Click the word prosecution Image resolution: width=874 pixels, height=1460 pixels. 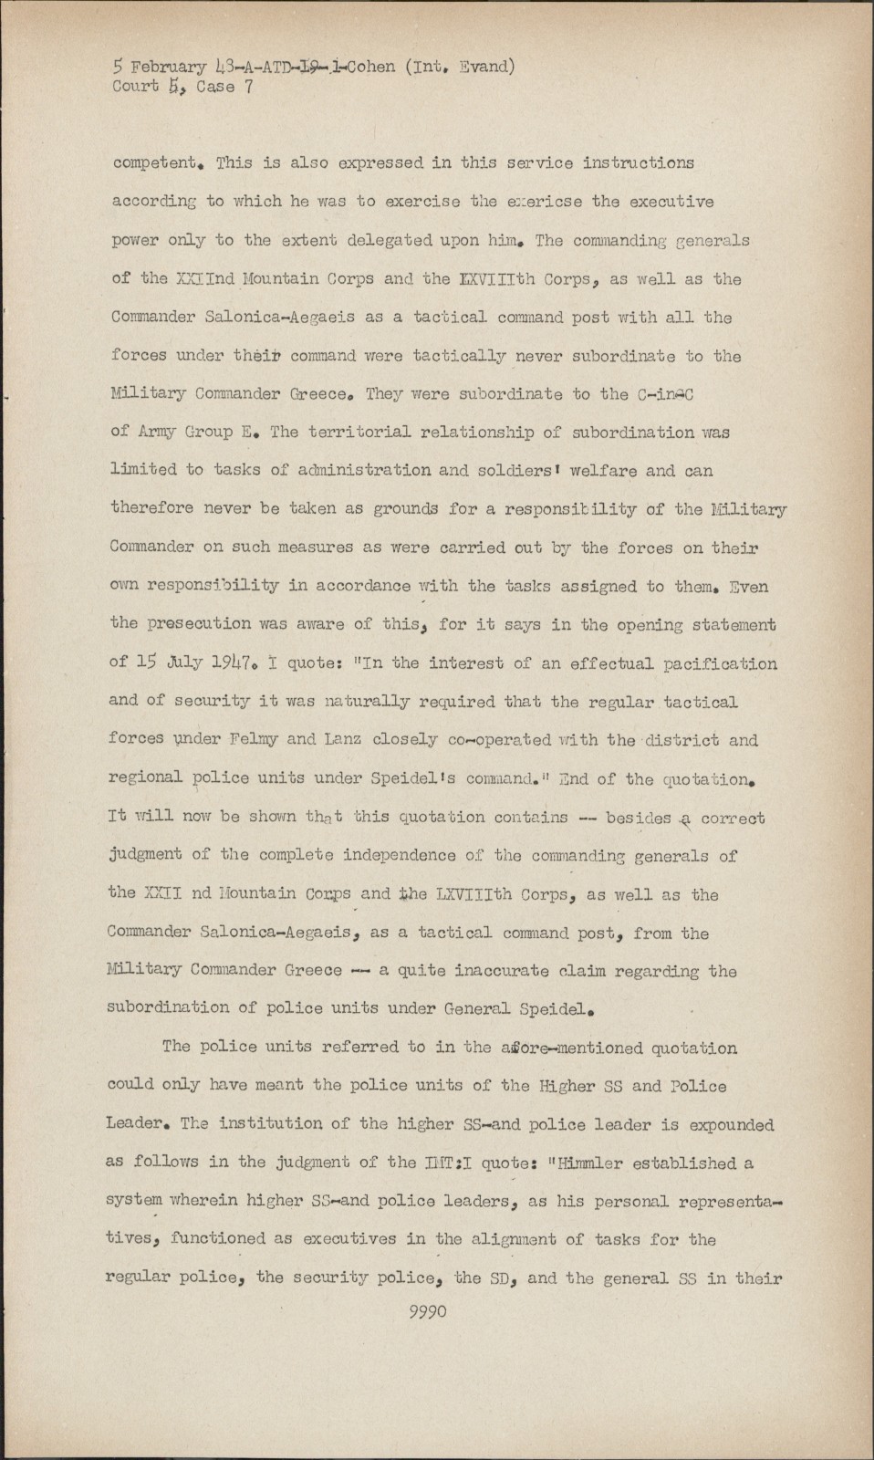194,624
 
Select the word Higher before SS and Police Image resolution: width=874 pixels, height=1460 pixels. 568,1086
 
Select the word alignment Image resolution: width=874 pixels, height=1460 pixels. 523,1239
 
